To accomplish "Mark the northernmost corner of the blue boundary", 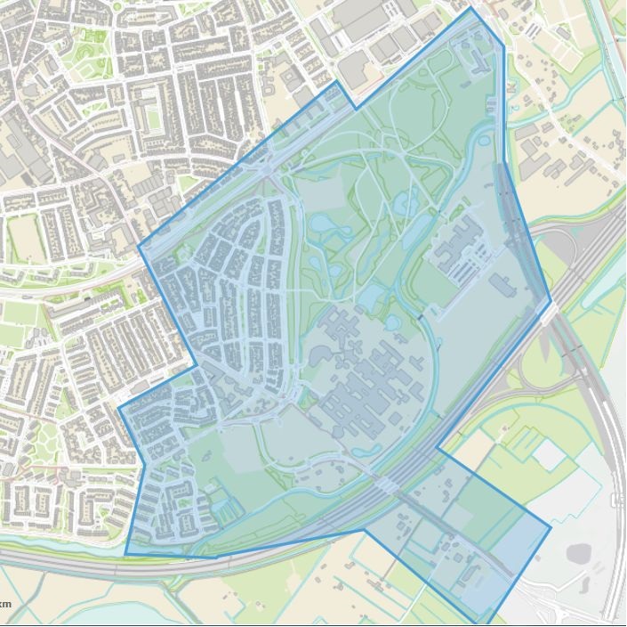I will [x=471, y=8].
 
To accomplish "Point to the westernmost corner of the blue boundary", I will [x=119, y=409].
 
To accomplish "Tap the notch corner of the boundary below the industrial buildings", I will [x=356, y=109].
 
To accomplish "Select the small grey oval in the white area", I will [x=579, y=553].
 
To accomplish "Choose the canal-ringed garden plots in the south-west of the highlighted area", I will [x=224, y=503].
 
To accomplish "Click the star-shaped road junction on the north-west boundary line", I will [x=267, y=165].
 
